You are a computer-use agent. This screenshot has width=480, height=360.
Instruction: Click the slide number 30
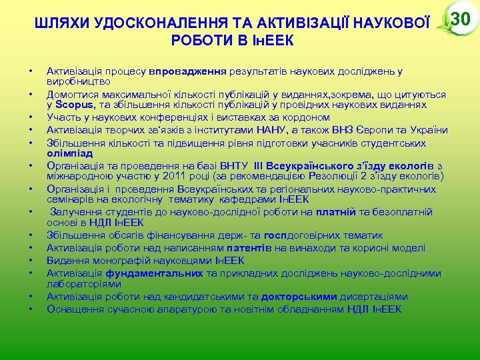click(461, 19)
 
